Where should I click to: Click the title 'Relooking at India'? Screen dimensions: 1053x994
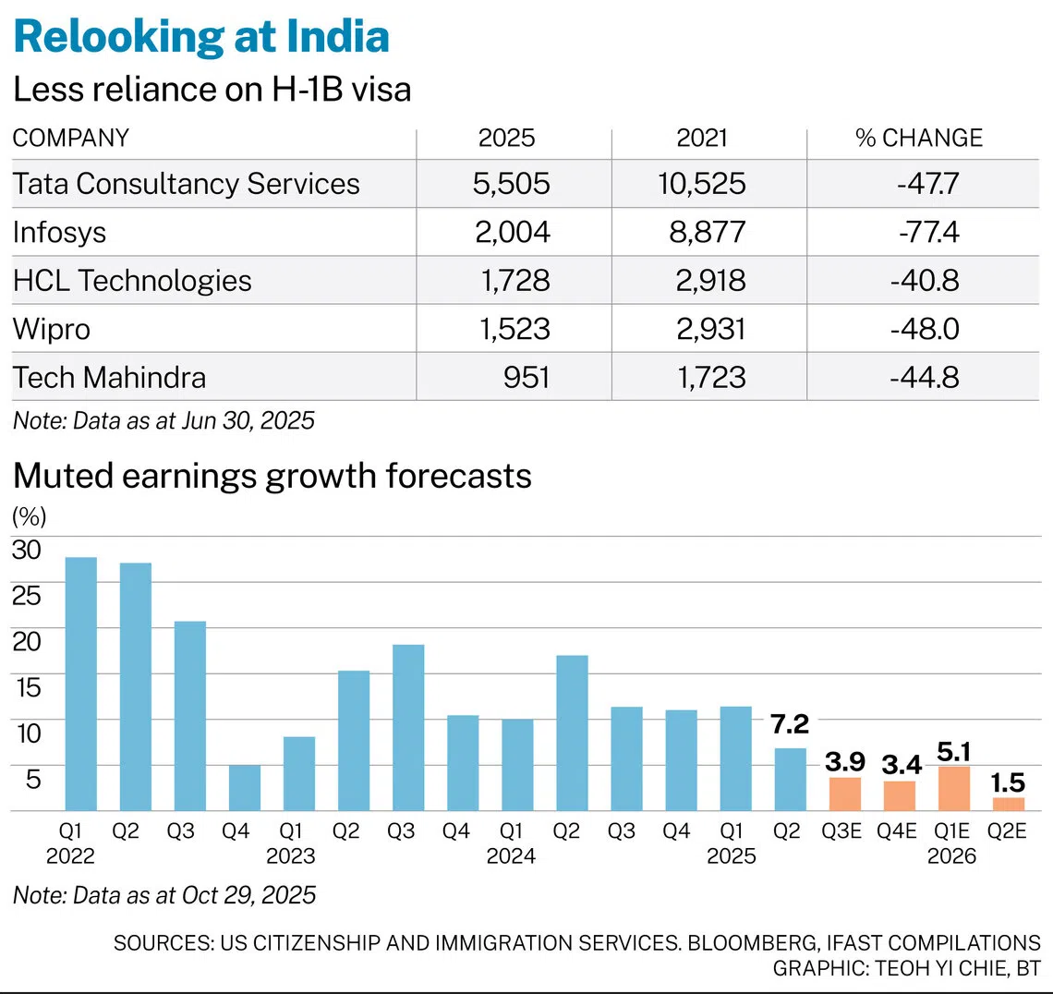coord(201,36)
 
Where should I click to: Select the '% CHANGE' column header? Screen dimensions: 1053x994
coord(919,138)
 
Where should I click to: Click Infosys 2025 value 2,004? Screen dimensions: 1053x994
coord(513,233)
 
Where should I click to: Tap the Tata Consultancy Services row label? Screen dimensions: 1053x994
coord(186,183)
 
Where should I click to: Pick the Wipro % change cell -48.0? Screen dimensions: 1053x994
coord(925,329)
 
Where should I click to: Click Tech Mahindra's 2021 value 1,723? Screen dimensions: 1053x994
coord(710,378)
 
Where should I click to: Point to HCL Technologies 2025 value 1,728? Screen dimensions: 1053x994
coord(515,281)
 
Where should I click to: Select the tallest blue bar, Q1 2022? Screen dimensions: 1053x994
coord(80,684)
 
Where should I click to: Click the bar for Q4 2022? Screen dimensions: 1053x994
coord(245,788)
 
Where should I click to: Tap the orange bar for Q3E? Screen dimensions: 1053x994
coord(845,794)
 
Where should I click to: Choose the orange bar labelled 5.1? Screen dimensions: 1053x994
coord(953,789)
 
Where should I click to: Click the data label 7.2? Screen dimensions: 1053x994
coord(790,724)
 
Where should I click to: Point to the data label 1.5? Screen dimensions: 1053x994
coord(1008,782)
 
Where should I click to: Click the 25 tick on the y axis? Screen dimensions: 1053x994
coord(27,595)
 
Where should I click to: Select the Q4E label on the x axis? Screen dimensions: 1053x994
coord(897,830)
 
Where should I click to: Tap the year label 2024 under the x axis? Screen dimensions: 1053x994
coord(511,856)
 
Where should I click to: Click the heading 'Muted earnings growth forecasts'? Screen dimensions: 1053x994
coord(272,476)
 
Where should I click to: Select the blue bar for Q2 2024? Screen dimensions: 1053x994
coord(572,733)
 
